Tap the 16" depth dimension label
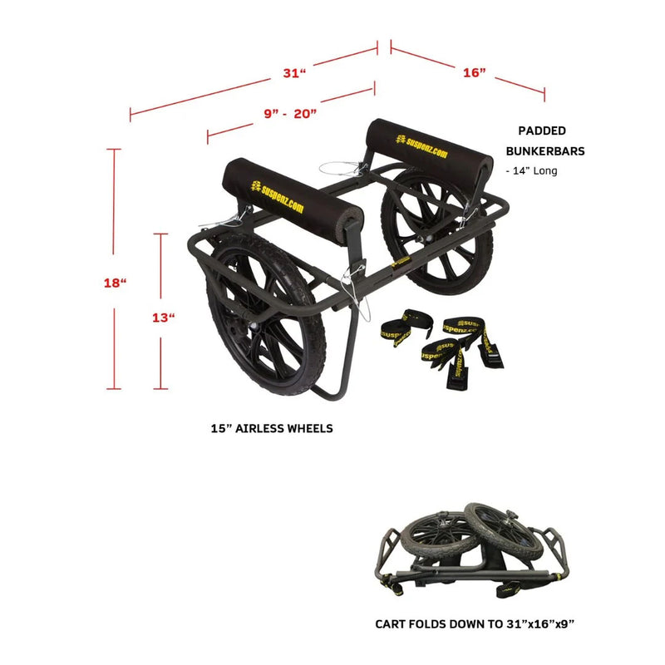tap(474, 73)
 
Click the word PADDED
tap(542, 131)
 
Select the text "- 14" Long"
tap(532, 171)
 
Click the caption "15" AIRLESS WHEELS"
tap(272, 429)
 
